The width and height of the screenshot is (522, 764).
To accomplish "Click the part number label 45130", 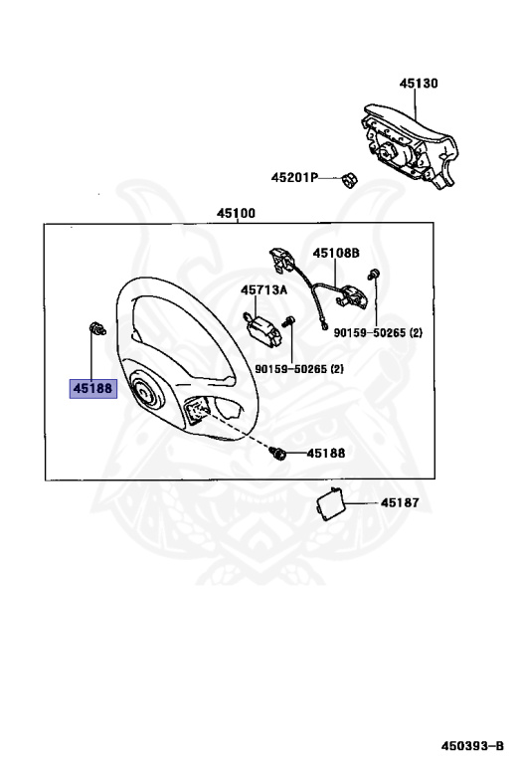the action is (419, 84).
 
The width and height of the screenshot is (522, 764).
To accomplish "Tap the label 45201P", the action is (294, 177).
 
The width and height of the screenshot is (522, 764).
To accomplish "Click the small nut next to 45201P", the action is (349, 180).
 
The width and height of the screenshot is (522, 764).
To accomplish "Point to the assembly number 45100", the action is (237, 214).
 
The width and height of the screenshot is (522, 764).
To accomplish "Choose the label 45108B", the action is (336, 253).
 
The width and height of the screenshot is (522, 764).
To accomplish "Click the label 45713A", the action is (263, 290).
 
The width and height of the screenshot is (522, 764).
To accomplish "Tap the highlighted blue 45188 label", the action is (93, 389).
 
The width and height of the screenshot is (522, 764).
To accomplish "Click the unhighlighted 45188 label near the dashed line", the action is (326, 454).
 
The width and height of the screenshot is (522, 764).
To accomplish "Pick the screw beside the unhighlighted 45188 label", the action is (279, 454).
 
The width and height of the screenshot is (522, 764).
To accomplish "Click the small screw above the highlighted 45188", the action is (96, 329).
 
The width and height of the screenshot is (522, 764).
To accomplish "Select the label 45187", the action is (400, 502).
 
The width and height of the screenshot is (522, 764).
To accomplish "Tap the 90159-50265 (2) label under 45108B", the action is (378, 333).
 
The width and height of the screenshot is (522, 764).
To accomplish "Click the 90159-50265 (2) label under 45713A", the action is (299, 369).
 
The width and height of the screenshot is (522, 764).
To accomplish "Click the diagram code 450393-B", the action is (472, 746).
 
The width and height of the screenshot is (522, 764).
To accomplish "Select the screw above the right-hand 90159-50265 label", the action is (375, 274).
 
